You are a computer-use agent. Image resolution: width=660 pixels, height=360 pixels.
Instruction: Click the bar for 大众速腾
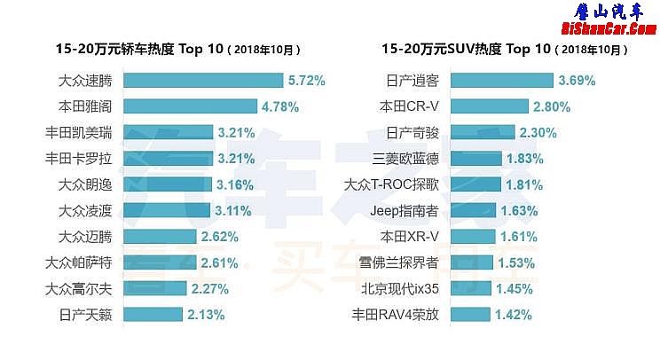click(x=202, y=81)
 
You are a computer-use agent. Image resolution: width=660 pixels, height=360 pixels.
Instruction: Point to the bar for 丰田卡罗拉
click(x=167, y=159)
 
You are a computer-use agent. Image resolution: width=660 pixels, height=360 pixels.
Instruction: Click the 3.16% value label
click(x=235, y=185)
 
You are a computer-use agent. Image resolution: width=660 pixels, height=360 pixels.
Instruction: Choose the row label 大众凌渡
click(x=85, y=211)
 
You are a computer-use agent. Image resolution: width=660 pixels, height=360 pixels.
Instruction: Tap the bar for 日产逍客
click(x=502, y=81)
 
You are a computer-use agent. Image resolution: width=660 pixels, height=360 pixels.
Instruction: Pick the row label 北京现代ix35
click(x=400, y=289)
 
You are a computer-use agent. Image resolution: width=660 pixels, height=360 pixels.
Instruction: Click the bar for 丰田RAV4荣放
click(x=471, y=315)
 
